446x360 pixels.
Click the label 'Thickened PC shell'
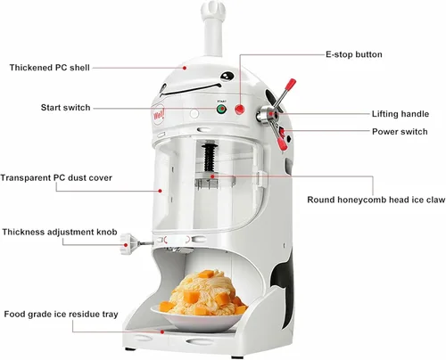click(49, 68)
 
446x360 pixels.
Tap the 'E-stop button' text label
click(354, 54)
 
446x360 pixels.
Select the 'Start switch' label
click(65, 108)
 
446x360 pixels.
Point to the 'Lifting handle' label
click(401, 114)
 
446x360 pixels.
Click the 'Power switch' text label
click(400, 132)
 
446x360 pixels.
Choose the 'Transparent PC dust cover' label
click(56, 178)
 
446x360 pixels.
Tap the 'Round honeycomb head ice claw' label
click(376, 200)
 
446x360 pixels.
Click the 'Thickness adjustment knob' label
click(60, 232)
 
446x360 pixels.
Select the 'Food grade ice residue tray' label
click(61, 315)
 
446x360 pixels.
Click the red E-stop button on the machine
click(240, 110)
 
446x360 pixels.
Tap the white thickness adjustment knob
click(128, 244)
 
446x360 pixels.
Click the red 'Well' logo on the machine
click(159, 114)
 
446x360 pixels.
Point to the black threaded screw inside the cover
click(211, 158)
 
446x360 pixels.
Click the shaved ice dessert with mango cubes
click(204, 293)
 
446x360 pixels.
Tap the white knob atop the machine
click(211, 11)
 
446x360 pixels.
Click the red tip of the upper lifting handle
click(291, 84)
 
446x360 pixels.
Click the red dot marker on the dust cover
click(160, 191)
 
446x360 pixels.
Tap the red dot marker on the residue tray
click(162, 331)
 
